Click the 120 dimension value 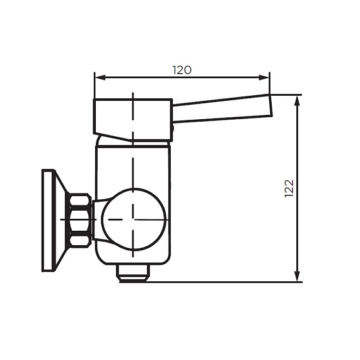point(182,70)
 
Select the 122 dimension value point(289,189)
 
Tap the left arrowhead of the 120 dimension point(98,78)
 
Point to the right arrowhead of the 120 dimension point(265,78)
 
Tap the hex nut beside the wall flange point(79,219)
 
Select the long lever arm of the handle point(221,110)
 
